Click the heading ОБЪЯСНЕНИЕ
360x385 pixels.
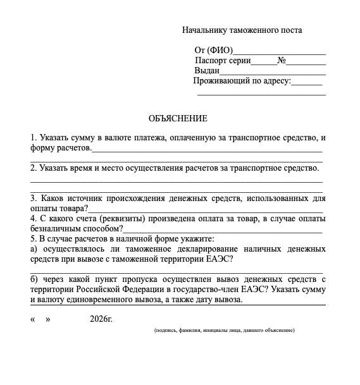178,118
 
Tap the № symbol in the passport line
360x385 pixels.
282,61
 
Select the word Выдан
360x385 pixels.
207,71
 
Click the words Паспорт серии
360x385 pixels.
223,61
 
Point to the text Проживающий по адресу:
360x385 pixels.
242,81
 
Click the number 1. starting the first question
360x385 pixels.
34,138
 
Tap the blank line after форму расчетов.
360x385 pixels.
207,150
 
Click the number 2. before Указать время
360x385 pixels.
34,168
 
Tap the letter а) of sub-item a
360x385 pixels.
34,249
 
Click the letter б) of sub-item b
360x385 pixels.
34,279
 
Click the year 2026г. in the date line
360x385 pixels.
101,319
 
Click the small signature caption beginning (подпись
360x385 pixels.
224,330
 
